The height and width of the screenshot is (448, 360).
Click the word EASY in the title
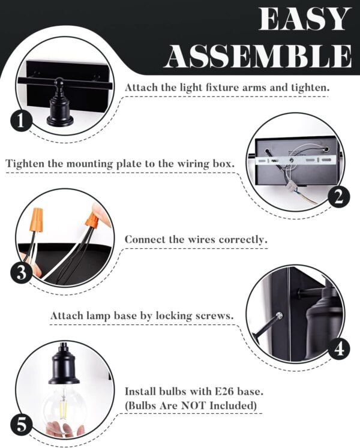click(x=305, y=19)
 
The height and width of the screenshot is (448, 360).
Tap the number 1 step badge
click(x=20, y=121)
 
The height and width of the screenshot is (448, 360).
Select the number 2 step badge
click(x=339, y=197)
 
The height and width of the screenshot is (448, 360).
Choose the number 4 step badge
click(x=339, y=348)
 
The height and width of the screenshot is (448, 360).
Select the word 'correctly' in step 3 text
click(x=242, y=239)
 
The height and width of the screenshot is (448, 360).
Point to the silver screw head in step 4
click(x=280, y=315)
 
